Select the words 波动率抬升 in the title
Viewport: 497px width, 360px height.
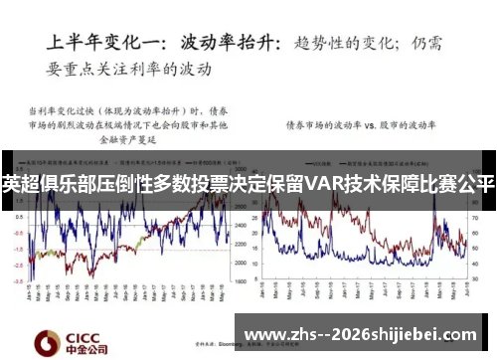coord(231,43)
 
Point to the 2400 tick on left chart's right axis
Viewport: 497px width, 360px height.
coord(239,227)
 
